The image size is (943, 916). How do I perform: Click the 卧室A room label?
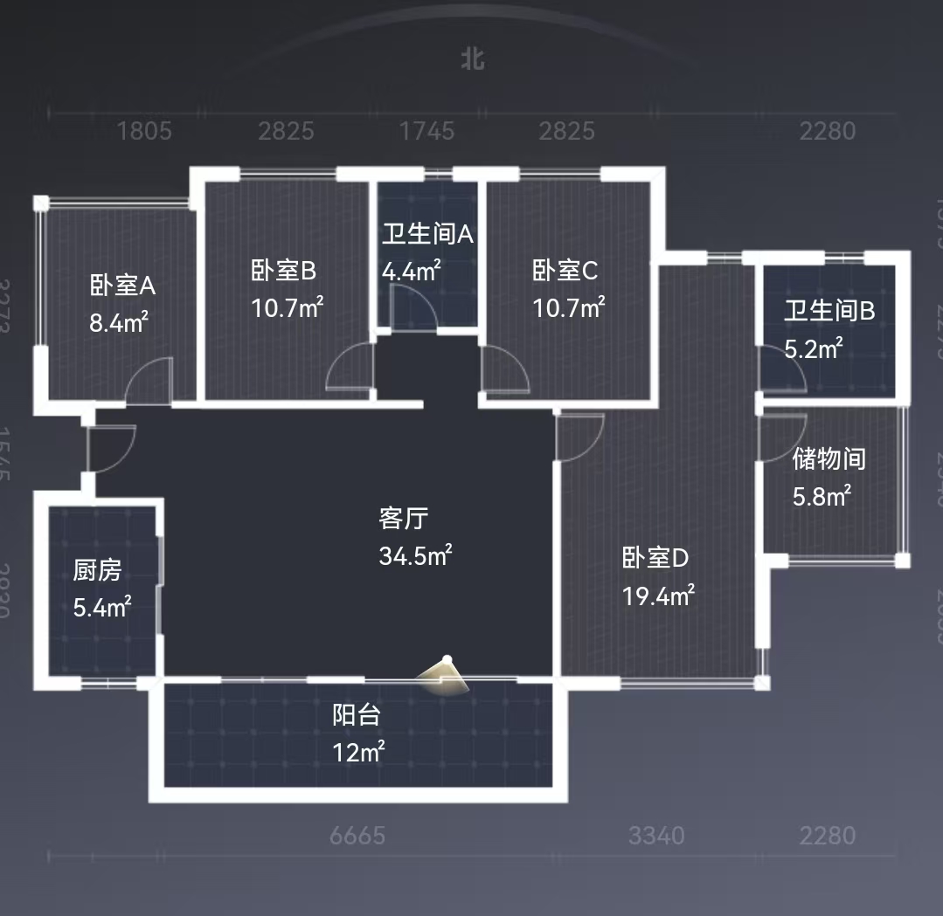122,285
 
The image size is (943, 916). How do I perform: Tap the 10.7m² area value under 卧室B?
288,307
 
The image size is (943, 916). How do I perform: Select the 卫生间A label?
427,234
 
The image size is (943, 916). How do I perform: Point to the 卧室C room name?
565,271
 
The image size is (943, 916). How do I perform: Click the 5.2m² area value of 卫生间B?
813,348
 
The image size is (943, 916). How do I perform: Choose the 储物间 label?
829,458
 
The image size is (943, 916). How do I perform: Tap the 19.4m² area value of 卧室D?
658,596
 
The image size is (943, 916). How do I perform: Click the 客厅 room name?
403,519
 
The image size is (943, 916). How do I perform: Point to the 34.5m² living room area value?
415,555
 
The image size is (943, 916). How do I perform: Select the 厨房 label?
97,571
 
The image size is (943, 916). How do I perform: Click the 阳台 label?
357,715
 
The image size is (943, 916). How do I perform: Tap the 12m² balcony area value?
358,752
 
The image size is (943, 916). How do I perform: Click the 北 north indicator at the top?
473,59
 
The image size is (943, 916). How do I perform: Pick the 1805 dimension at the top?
144,132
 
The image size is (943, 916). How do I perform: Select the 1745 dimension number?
426,132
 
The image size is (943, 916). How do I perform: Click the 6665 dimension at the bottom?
357,836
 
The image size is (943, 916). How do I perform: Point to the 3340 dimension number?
656,836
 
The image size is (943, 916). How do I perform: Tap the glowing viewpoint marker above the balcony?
446,674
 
